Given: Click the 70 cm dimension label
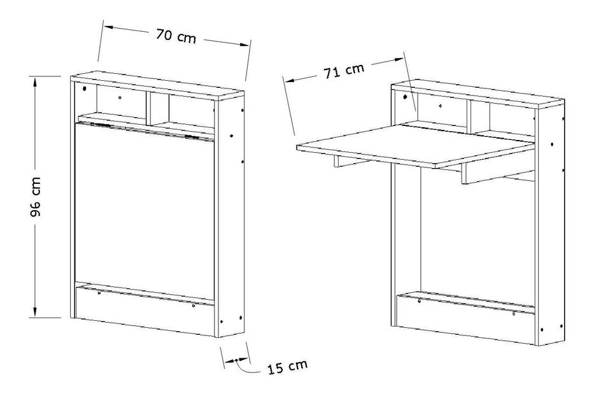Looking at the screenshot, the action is click(x=176, y=36).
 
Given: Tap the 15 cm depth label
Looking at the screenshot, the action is click(x=287, y=367).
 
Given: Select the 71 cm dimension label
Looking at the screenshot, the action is click(x=344, y=71).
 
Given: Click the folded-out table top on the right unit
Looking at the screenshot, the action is click(x=416, y=146).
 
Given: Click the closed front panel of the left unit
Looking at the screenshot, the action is click(x=145, y=210).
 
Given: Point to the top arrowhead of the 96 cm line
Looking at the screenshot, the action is click(x=35, y=81).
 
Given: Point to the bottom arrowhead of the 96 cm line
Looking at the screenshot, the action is click(x=35, y=313).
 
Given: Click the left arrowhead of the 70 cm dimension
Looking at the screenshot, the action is click(x=109, y=27).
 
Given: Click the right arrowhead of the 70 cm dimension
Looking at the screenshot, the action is click(x=244, y=45).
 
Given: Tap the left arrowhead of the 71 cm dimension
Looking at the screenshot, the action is click(x=290, y=80).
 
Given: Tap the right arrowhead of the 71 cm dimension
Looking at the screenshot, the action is click(x=399, y=59).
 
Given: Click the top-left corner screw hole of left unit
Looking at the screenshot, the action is click(x=84, y=89).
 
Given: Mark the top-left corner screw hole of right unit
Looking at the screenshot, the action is click(x=405, y=97).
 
